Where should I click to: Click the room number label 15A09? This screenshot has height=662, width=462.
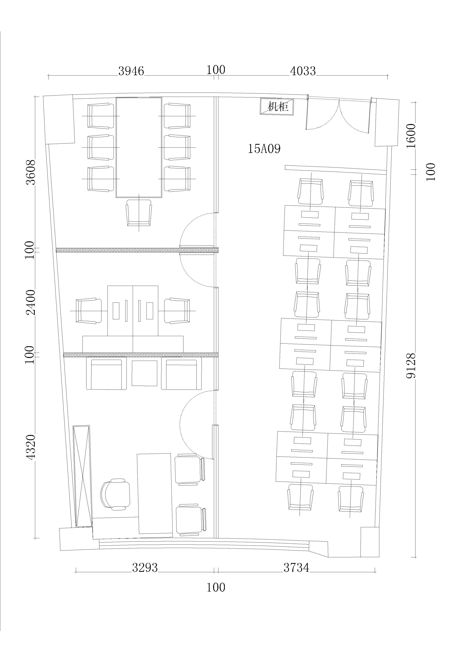point(264,149)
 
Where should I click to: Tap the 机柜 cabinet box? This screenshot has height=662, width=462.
point(277,107)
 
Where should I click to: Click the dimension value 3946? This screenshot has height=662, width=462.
point(131,71)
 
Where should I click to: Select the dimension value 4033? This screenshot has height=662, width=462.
point(303,71)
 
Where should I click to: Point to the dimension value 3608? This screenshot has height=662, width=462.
point(31,172)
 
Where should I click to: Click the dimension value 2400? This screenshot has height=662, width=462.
point(31,302)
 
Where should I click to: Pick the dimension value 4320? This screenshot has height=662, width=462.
point(31,447)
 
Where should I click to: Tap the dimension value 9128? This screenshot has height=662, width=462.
point(411,366)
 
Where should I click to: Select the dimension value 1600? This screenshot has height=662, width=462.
point(411,136)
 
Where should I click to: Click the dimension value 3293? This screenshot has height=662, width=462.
point(145,568)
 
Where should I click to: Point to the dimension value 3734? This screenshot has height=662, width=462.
point(296,568)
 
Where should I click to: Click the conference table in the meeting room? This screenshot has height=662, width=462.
point(139,147)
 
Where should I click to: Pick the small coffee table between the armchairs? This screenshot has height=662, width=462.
point(144,373)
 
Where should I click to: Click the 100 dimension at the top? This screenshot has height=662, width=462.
point(216,70)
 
